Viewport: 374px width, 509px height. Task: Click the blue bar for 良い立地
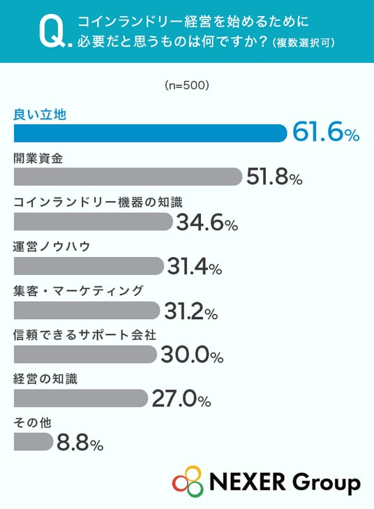(150, 133)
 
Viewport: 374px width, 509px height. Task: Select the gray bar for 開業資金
(128, 177)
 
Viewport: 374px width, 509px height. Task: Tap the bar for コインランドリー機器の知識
(93, 221)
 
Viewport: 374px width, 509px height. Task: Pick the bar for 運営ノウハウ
(89, 266)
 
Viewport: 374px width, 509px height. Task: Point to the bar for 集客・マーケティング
(87, 310)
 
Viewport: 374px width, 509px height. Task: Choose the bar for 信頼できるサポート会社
(85, 354)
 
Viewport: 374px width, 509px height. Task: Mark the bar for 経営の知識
(81, 398)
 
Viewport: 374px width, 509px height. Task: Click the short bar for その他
(33, 442)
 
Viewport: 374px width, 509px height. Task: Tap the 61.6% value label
(326, 133)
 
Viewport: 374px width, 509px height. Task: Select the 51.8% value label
(274, 177)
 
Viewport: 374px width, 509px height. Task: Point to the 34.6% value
(207, 222)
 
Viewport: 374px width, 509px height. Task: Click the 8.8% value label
(80, 443)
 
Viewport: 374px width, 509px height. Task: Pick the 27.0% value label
(181, 399)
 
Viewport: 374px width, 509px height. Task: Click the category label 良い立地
(40, 115)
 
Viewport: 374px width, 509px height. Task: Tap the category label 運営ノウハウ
(52, 246)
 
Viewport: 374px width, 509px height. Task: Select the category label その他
(32, 422)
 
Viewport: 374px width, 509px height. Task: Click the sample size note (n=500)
(187, 85)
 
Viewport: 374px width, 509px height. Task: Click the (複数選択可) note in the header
(304, 43)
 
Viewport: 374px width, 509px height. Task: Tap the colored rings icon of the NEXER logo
(188, 481)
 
